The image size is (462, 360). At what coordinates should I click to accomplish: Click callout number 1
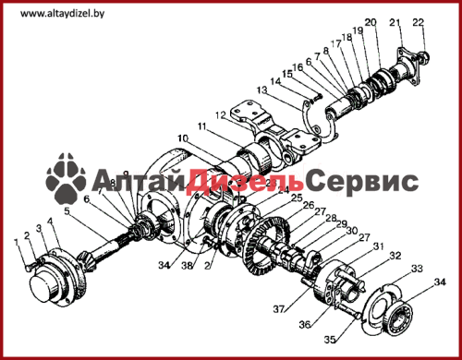pyautogui.click(x=15, y=242)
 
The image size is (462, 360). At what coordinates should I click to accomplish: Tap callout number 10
pyautogui.click(x=183, y=138)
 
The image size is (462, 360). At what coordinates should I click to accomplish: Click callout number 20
pyautogui.click(x=371, y=22)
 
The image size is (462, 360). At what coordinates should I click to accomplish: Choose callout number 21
pyautogui.click(x=396, y=22)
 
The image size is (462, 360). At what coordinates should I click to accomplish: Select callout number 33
pyautogui.click(x=417, y=269)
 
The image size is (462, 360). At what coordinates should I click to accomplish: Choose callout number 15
pyautogui.click(x=287, y=74)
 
